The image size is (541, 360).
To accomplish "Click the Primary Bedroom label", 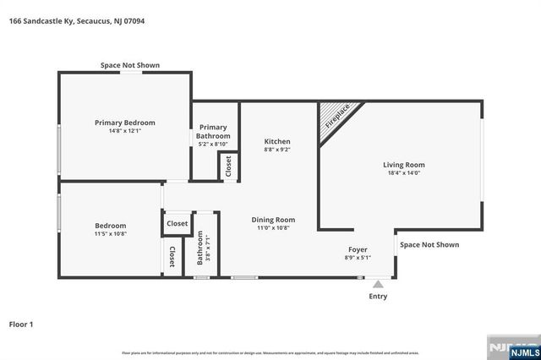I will [x=124, y=123].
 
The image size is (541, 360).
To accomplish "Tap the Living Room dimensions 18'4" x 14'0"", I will [x=403, y=174].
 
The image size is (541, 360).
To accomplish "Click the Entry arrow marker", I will [x=378, y=284].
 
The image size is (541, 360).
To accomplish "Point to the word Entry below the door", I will [x=378, y=297].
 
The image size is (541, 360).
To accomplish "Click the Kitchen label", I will [x=277, y=141].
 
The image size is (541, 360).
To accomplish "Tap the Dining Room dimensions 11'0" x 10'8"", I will [x=273, y=228].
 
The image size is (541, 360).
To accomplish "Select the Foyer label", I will [x=358, y=249].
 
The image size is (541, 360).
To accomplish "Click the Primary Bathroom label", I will [x=213, y=131].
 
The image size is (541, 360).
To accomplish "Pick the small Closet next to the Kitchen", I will [x=228, y=166].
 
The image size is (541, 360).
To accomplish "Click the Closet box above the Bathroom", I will [x=177, y=224].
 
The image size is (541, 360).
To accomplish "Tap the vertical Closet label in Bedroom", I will [x=172, y=257].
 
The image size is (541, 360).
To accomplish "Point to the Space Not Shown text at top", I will [x=130, y=65].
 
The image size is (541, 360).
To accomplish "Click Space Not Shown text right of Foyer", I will [x=429, y=244].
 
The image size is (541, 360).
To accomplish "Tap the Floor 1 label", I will [x=20, y=324].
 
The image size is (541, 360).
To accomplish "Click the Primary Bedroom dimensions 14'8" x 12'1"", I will [x=124, y=131].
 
